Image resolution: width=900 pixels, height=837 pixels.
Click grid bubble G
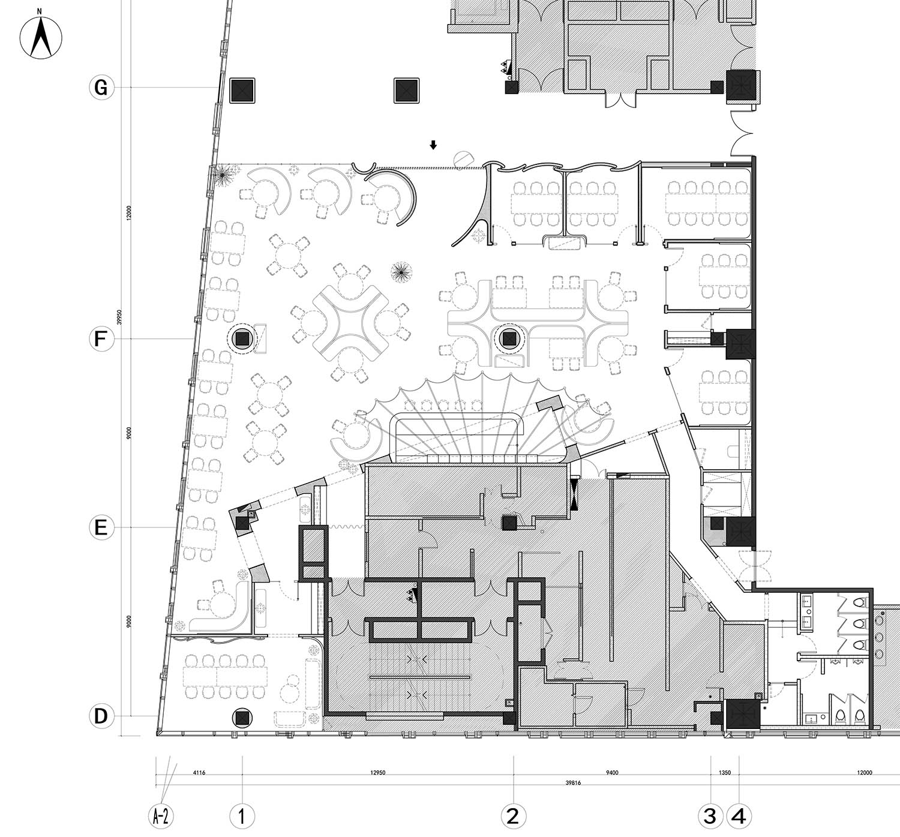[x=101, y=88]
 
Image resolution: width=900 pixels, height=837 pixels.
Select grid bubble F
[x=101, y=339]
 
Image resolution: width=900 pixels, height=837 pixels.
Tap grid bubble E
[x=101, y=527]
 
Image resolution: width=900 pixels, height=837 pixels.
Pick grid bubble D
[x=101, y=716]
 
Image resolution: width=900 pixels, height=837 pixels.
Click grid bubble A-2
[x=160, y=816]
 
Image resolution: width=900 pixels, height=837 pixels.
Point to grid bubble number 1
[x=242, y=816]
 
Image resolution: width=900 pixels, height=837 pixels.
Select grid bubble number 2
[x=513, y=816]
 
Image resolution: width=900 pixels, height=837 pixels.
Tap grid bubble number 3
[x=710, y=816]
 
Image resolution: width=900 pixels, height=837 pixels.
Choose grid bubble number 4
[x=739, y=816]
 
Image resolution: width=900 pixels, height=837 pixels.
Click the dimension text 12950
[x=378, y=773]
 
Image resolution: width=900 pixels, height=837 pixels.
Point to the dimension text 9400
[x=611, y=773]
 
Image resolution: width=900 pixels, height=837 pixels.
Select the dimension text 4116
[x=199, y=773]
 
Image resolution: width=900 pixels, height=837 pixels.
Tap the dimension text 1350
[x=724, y=773]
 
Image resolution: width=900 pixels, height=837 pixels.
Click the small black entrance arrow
[x=433, y=145]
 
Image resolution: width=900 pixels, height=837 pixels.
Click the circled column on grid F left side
[x=242, y=339]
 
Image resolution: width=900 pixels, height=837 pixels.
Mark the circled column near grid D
[x=242, y=717]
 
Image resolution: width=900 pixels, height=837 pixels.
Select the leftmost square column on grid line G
[x=243, y=90]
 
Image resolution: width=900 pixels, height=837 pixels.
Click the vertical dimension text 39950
[x=120, y=317]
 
